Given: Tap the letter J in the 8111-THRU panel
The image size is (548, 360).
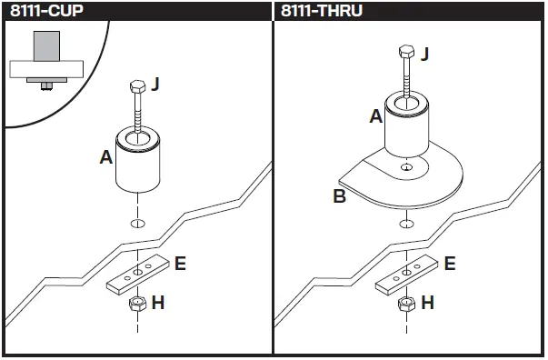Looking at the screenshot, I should point(423,55).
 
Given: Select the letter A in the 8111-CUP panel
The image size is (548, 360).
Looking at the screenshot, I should point(105,157).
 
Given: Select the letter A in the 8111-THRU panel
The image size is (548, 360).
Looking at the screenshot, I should point(375,116).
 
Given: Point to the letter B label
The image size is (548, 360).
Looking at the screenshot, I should point(339,195).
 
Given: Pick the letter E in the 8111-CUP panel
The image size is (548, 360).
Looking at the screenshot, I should point(179,264).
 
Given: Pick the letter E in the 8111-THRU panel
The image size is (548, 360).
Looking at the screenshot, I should point(449,264).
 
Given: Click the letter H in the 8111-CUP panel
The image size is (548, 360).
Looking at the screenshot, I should point(157,303).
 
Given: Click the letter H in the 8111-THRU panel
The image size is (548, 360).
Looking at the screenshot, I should point(427,303).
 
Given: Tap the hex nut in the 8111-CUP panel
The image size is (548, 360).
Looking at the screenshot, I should point(136,304).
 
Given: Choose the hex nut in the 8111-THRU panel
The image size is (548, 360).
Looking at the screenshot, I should point(406,304).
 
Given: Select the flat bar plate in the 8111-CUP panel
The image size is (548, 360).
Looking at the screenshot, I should point(136,274).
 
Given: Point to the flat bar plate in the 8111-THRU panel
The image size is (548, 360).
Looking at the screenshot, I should point(405,274).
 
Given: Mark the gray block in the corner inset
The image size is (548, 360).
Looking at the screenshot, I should point(46,45).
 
